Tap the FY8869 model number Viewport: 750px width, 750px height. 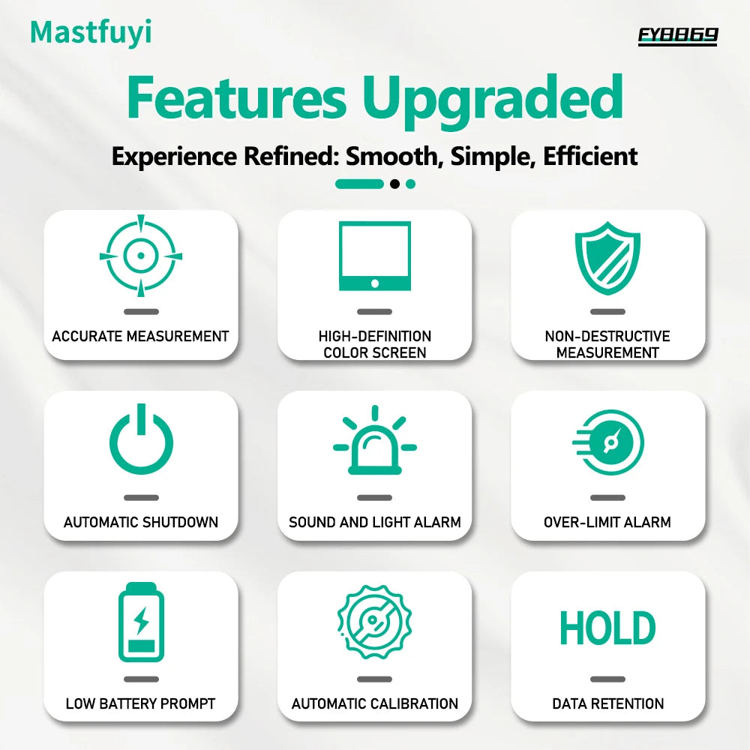[x=678, y=35]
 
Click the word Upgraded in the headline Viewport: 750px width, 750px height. [x=492, y=97]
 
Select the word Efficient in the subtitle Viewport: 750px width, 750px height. [x=590, y=157]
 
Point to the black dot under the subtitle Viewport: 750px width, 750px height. [x=394, y=184]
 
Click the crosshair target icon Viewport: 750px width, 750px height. [x=141, y=256]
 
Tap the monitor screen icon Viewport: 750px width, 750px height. [x=375, y=256]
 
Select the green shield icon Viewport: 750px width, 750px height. [x=607, y=257]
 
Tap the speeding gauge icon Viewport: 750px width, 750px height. [x=609, y=442]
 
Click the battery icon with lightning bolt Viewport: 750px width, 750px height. [x=141, y=622]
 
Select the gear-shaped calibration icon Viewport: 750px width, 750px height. [x=375, y=622]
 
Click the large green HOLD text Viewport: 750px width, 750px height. [x=607, y=628]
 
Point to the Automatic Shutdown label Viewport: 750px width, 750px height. [x=141, y=522]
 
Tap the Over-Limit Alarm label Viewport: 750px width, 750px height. [x=607, y=522]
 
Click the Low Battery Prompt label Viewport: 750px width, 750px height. [x=141, y=703]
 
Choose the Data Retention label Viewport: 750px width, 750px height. [x=607, y=703]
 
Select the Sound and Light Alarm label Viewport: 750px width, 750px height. [x=375, y=522]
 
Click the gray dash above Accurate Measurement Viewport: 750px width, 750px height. [x=141, y=311]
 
